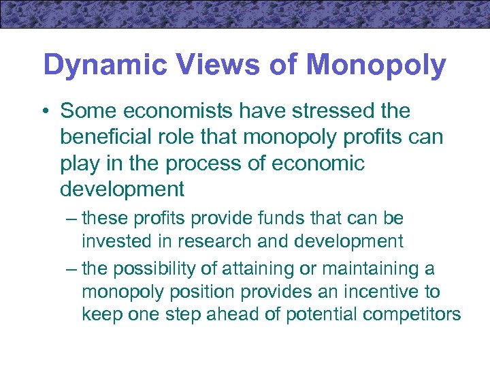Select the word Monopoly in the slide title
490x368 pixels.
[x=376, y=65]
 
